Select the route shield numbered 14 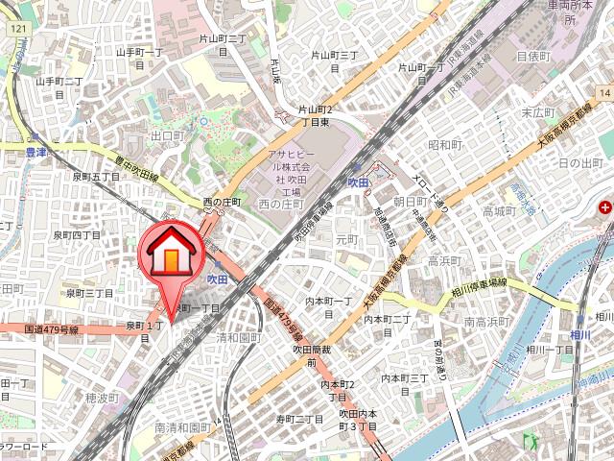(x=605, y=89)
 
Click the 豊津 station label (x=37, y=152)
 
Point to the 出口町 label (x=167, y=136)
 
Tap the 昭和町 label (x=444, y=145)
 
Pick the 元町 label (x=347, y=238)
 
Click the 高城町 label (x=500, y=210)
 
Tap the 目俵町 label (x=533, y=57)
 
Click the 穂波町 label (x=101, y=397)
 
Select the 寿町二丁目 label (x=300, y=420)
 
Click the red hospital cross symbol (x=605, y=206)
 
